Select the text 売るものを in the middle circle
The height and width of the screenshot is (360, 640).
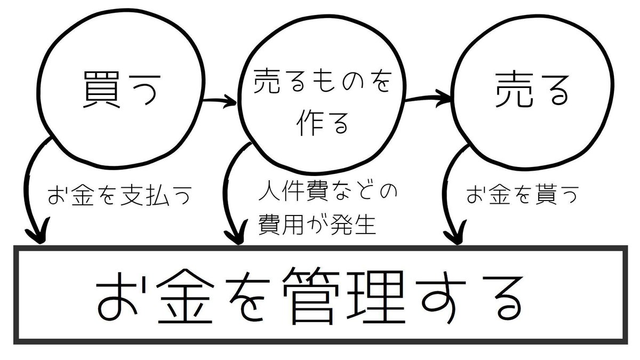pos(322,81)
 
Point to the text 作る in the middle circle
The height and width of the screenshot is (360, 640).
pos(322,123)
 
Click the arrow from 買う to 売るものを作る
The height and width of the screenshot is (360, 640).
pos(219,101)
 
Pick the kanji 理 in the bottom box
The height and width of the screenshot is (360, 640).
pos(375,297)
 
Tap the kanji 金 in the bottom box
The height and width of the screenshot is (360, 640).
pos(185,297)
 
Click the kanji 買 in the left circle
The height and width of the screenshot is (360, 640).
pos(101,90)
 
